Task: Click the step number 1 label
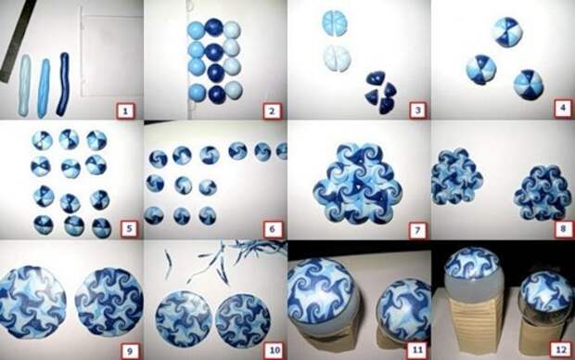pyautogui.click(x=125, y=110)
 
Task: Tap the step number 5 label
pyautogui.click(x=129, y=228)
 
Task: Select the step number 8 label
pyautogui.click(x=563, y=229)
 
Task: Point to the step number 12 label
pyautogui.click(x=561, y=350)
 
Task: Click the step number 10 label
pyautogui.click(x=275, y=350)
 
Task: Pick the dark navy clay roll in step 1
pyautogui.click(x=63, y=84)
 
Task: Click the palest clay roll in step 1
pyautogui.click(x=25, y=85)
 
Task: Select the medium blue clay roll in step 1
pyautogui.click(x=44, y=88)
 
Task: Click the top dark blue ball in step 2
pyautogui.click(x=214, y=28)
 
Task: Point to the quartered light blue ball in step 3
pyautogui.click(x=335, y=23)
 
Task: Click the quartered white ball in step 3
pyautogui.click(x=337, y=58)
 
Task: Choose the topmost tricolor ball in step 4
pyautogui.click(x=507, y=32)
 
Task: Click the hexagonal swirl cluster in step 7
pyautogui.click(x=358, y=184)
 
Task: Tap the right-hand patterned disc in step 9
pyautogui.click(x=109, y=303)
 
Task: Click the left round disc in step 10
pyautogui.click(x=184, y=318)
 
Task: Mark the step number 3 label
pyautogui.click(x=417, y=109)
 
